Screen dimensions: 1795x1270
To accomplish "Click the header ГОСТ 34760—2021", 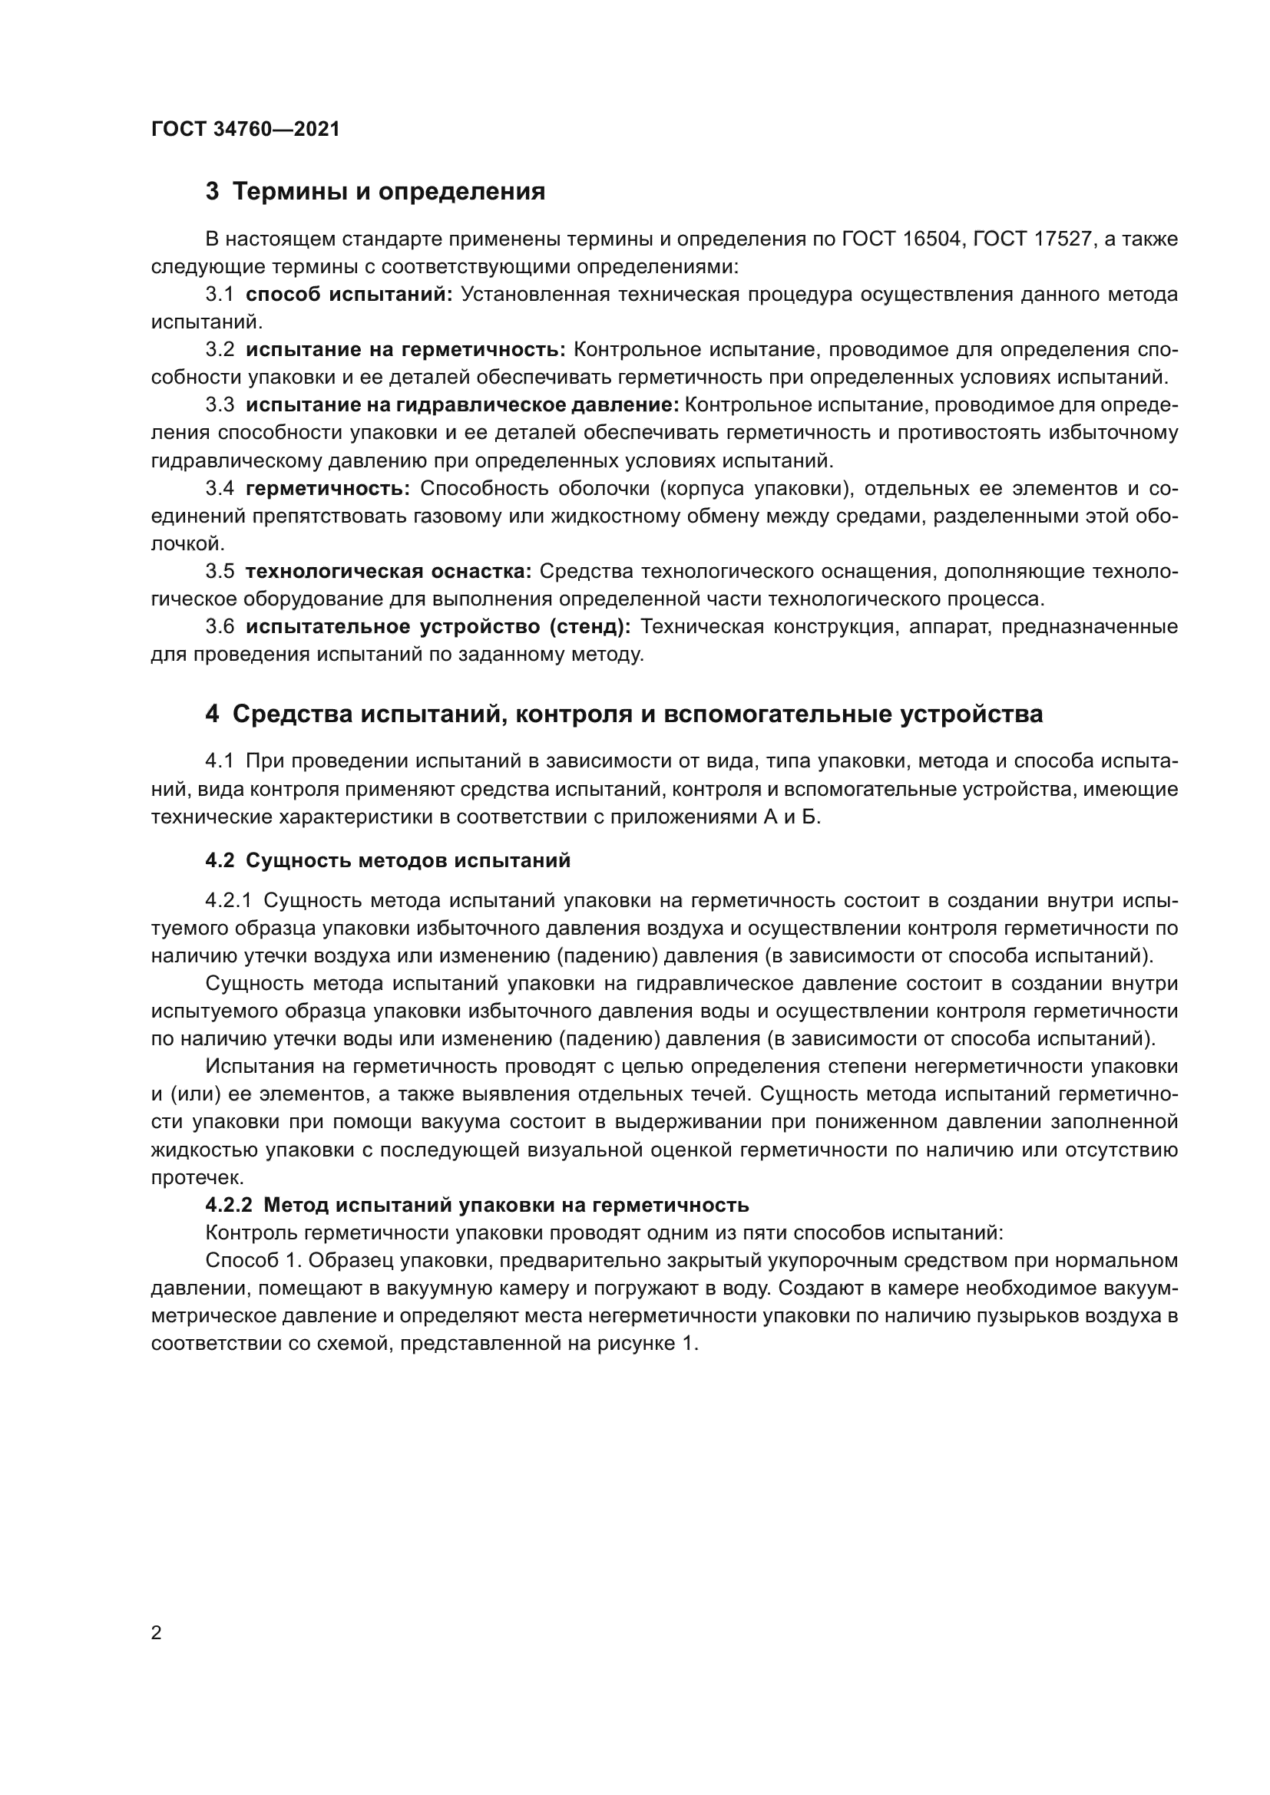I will tap(246, 129).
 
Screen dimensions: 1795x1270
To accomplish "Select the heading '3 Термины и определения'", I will tap(375, 192).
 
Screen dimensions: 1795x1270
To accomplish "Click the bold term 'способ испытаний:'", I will tap(349, 295).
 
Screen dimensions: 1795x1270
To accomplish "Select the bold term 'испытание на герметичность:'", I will tap(405, 350).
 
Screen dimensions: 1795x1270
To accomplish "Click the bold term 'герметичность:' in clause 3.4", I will tap(328, 489).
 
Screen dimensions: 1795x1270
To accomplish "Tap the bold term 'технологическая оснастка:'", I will tap(388, 572).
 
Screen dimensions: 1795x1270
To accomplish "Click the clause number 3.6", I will tap(220, 627).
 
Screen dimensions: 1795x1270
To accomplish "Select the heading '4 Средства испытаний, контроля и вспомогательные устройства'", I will tap(623, 714).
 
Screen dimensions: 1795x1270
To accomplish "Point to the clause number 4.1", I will tap(220, 761).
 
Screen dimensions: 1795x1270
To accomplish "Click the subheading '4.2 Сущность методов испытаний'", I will tap(387, 861).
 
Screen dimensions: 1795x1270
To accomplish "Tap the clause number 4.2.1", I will tap(228, 901).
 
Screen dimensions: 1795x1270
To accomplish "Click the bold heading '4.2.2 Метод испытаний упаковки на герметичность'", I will tap(477, 1205).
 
